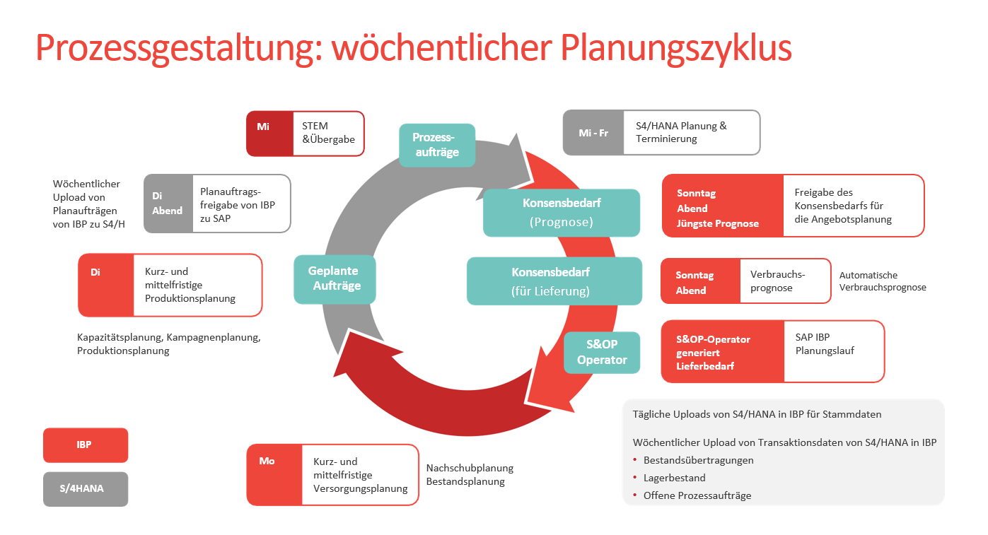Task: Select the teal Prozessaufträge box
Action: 436,146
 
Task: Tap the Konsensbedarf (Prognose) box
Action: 562,212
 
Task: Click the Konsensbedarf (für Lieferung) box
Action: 554,281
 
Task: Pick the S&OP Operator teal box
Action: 602,352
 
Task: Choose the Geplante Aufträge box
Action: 334,278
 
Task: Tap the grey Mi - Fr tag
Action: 593,132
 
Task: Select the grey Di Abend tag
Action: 168,204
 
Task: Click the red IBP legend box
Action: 85,445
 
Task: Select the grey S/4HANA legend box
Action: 85,488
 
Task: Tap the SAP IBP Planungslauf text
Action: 825,344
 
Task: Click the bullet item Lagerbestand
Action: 674,478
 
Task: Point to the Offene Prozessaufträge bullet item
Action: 697,495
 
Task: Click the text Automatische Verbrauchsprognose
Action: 882,281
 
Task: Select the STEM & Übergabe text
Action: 328,133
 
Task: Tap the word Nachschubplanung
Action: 470,468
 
